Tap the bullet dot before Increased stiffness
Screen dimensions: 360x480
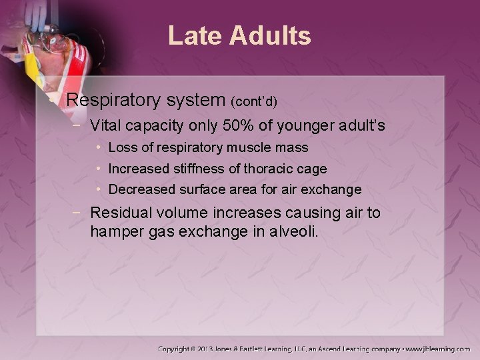[x=98, y=169]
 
